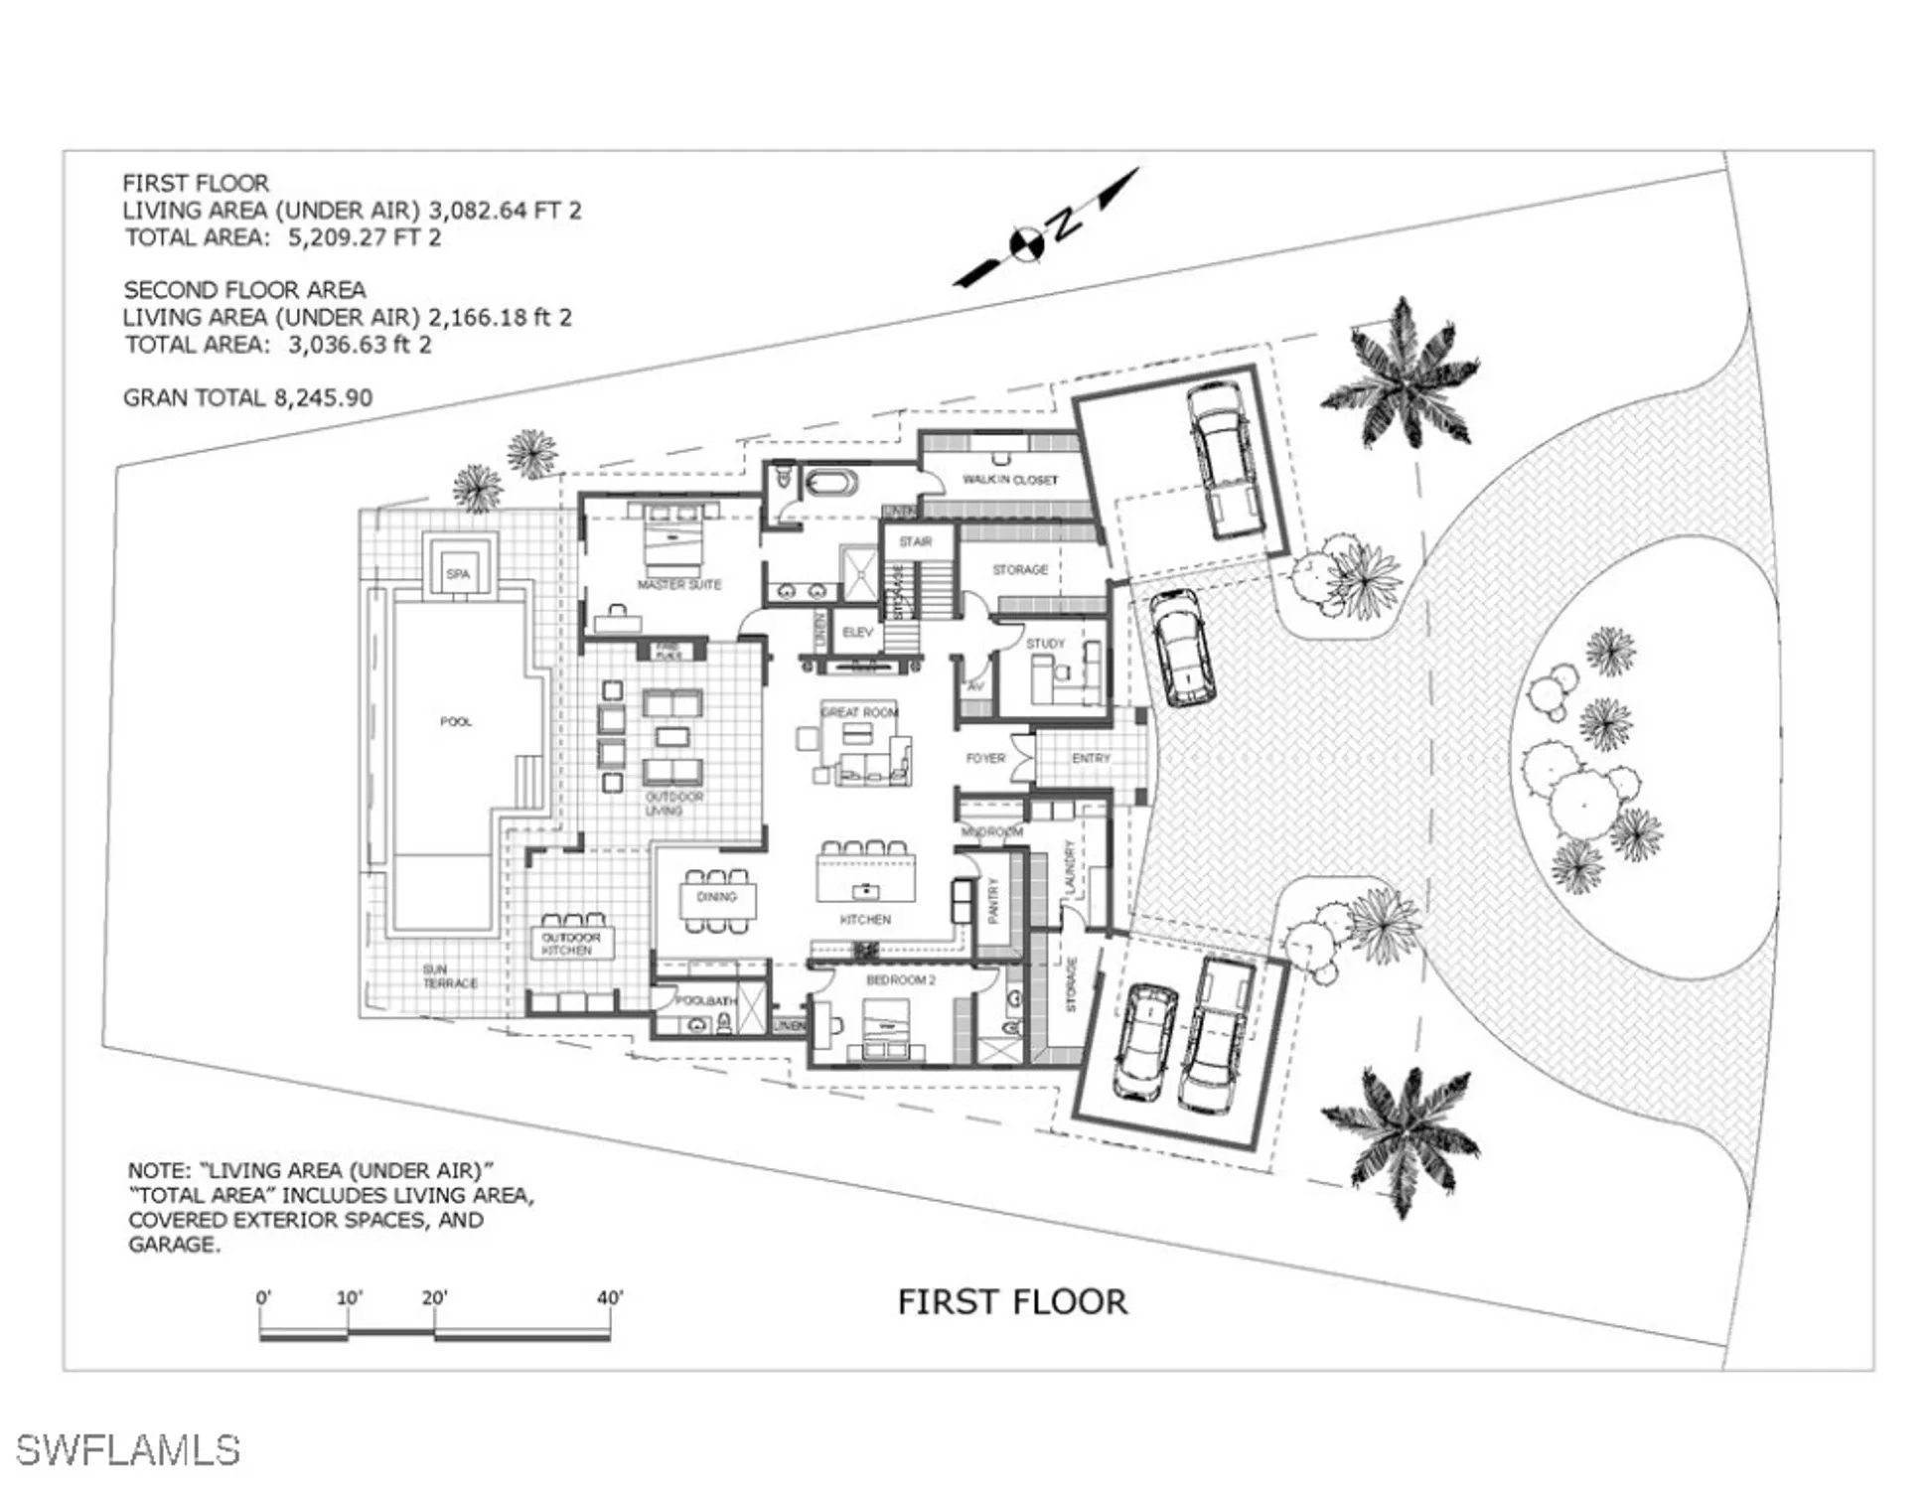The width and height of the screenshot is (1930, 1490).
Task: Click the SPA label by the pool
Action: point(458,574)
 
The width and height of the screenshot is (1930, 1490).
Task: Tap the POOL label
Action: point(456,721)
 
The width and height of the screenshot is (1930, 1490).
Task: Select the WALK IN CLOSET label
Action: point(1010,480)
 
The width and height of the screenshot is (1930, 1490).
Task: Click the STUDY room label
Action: point(1045,644)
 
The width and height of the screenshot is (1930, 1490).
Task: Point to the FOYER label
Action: point(985,758)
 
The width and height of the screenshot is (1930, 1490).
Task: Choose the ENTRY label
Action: point(1091,758)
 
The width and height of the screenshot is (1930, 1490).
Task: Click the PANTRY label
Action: point(993,900)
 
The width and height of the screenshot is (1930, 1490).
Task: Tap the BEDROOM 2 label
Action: point(901,980)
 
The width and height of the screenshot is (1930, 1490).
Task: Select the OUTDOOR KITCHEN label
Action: point(570,944)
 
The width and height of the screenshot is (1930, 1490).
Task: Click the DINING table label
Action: point(716,897)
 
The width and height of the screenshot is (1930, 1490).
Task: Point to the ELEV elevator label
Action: point(857,633)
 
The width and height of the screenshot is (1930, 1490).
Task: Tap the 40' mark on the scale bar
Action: point(610,1298)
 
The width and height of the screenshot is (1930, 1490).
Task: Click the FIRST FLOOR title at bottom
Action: point(1012,1302)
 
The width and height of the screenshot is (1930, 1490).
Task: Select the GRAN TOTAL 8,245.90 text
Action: point(247,398)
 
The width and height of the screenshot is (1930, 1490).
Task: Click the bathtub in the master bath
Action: point(830,485)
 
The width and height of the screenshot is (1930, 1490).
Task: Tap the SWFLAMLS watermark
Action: point(128,1450)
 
